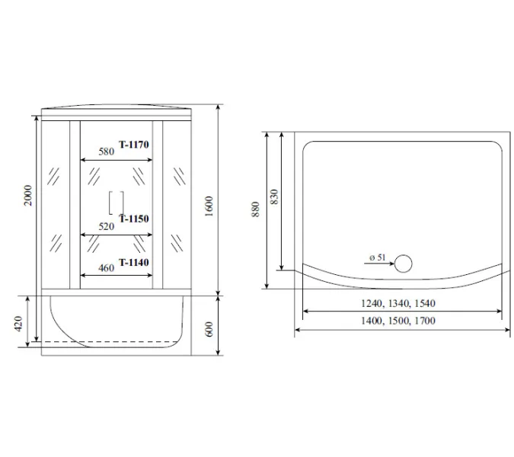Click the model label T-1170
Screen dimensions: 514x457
pyautogui.click(x=134, y=144)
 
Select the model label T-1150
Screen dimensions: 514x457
pyautogui.click(x=134, y=219)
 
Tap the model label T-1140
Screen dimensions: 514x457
pyautogui.click(x=134, y=262)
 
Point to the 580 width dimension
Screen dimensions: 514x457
pyautogui.click(x=107, y=152)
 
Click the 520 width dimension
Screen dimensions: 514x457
pyautogui.click(x=107, y=226)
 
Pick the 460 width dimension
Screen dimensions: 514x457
pyautogui.click(x=106, y=268)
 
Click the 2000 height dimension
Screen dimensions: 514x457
pyautogui.click(x=28, y=196)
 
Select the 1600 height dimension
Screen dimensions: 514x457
pyautogui.click(x=209, y=206)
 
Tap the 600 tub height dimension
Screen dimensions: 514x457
pyautogui.click(x=209, y=329)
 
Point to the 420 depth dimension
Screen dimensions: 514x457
pyautogui.click(x=18, y=324)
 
